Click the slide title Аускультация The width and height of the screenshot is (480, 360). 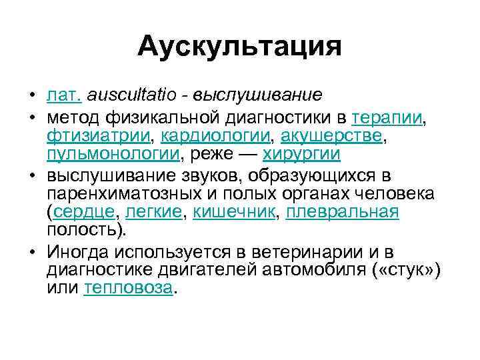[240, 47]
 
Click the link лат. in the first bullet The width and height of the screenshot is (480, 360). [64, 95]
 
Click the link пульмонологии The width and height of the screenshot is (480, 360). [113, 155]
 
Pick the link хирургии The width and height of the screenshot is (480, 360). [302, 155]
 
